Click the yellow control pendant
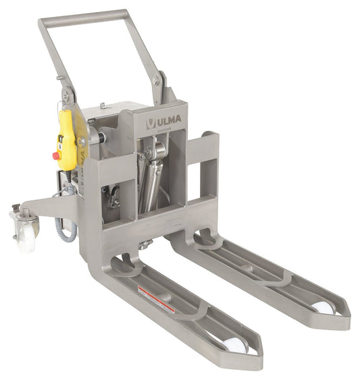click(66, 140)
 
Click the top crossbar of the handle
click(84, 16)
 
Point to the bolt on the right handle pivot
click(156, 80)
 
